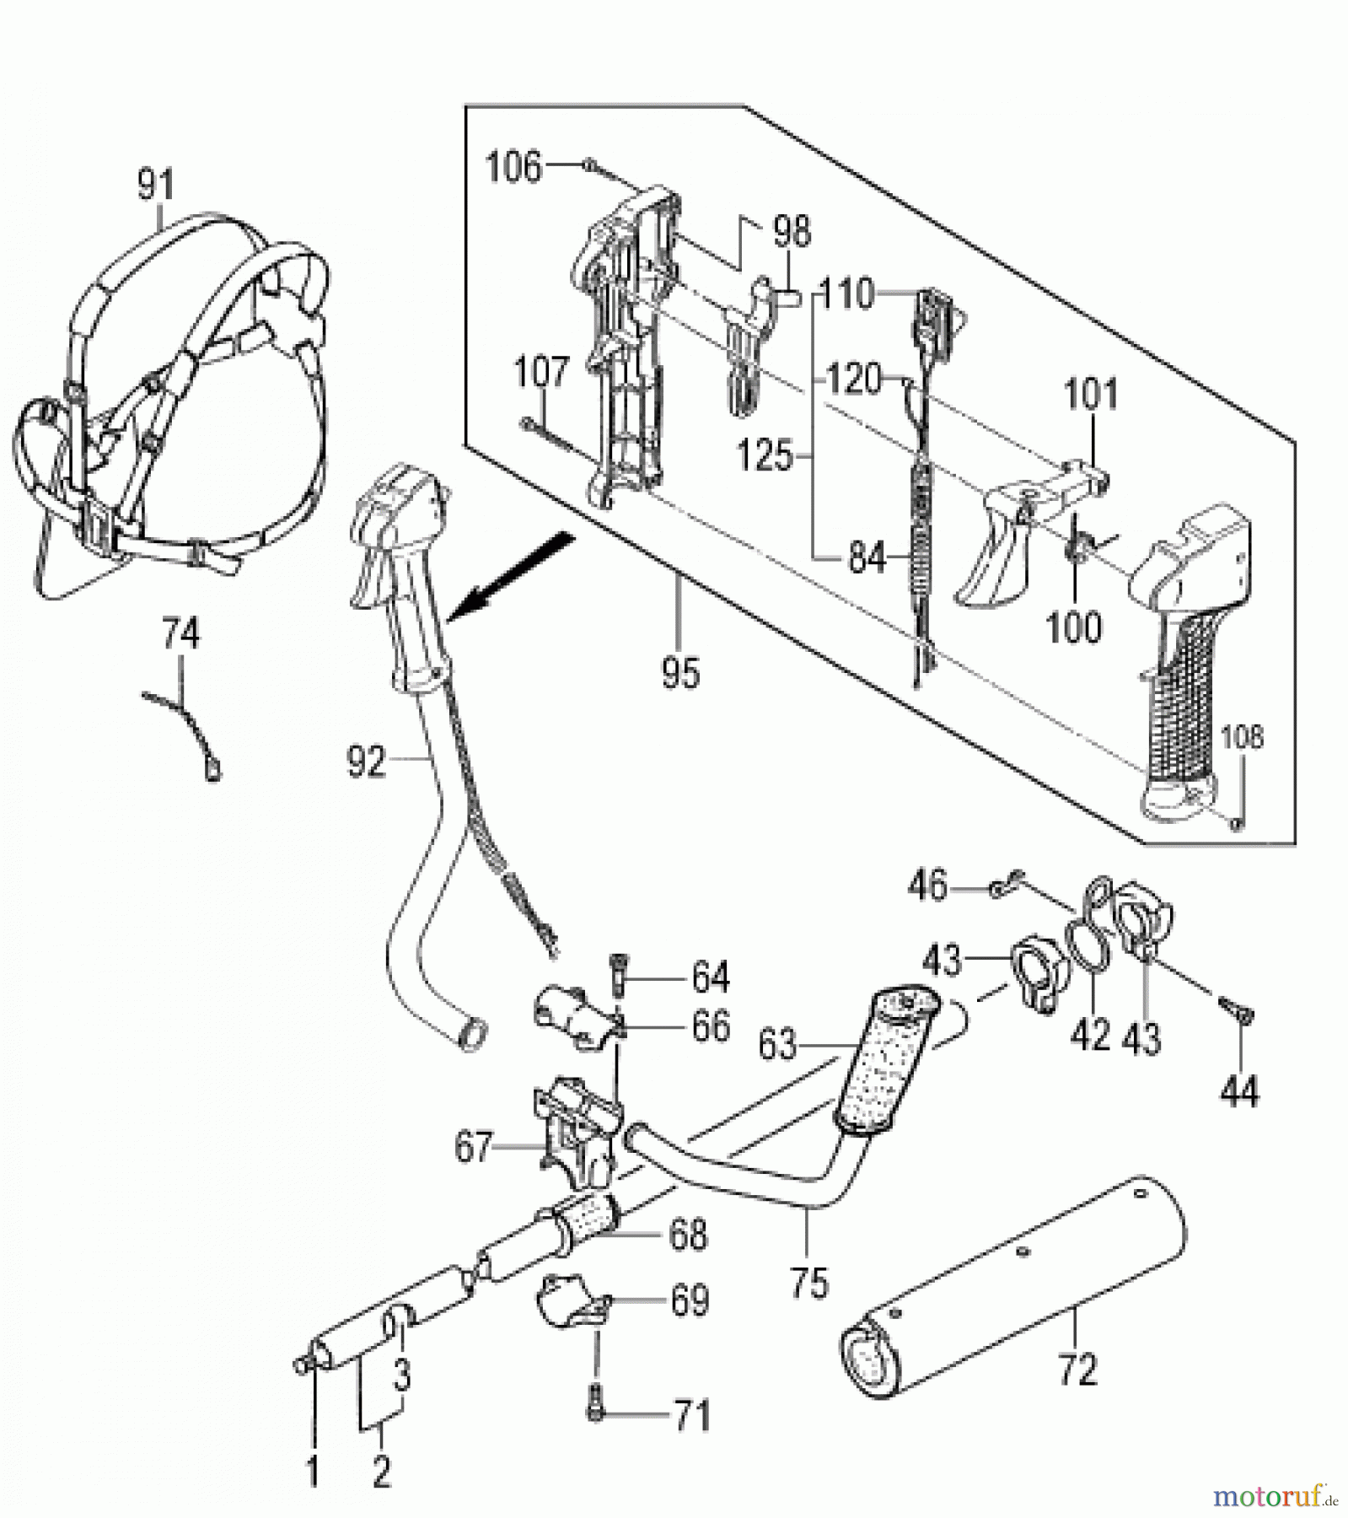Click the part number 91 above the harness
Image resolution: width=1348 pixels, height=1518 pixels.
[x=155, y=185]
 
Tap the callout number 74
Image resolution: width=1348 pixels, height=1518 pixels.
[x=181, y=634]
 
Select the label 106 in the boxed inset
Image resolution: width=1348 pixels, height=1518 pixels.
[x=513, y=167]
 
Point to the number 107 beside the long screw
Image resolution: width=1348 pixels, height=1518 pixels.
[x=541, y=372]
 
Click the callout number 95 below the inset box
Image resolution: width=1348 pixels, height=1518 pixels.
[x=680, y=673]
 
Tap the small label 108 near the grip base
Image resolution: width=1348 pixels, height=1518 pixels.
[x=1242, y=737]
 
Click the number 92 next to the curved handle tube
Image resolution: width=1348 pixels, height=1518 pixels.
[x=366, y=762]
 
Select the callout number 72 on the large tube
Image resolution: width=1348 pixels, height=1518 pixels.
[x=1077, y=1369]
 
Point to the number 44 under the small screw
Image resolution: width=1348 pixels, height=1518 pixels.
[x=1239, y=1091]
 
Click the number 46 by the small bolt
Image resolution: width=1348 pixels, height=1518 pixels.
[x=928, y=886]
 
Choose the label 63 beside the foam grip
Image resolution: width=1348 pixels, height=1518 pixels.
[x=777, y=1045]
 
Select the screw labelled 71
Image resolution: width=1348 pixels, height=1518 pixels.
[x=596, y=1414]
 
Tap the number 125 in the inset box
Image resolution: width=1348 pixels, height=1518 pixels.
[x=765, y=455]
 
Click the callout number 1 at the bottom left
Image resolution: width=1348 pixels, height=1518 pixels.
[x=312, y=1472]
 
